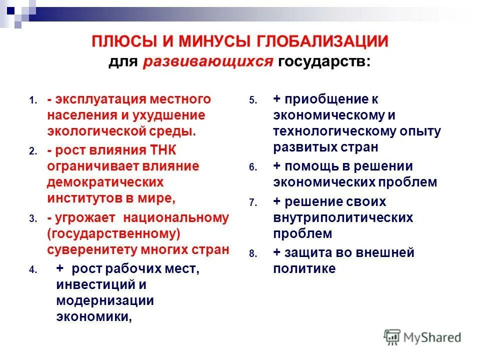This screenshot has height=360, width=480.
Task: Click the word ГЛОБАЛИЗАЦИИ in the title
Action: click(322, 41)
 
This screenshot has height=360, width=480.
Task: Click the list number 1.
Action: click(33, 100)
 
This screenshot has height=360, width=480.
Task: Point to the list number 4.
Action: click(33, 269)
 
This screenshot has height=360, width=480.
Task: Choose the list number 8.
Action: click(253, 254)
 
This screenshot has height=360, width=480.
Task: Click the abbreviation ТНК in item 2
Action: click(163, 150)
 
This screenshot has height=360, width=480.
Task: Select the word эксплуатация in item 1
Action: click(100, 99)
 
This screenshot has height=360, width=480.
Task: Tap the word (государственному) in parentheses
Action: click(113, 234)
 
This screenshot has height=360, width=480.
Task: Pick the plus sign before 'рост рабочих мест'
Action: click(60, 268)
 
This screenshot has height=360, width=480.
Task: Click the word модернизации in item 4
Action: click(105, 301)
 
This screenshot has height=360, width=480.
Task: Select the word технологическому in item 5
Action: click(334, 131)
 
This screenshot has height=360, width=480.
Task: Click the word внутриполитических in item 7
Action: click(343, 218)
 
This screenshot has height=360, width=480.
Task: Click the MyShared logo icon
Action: click(392, 337)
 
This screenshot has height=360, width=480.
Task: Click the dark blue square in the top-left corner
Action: click(10, 11)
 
